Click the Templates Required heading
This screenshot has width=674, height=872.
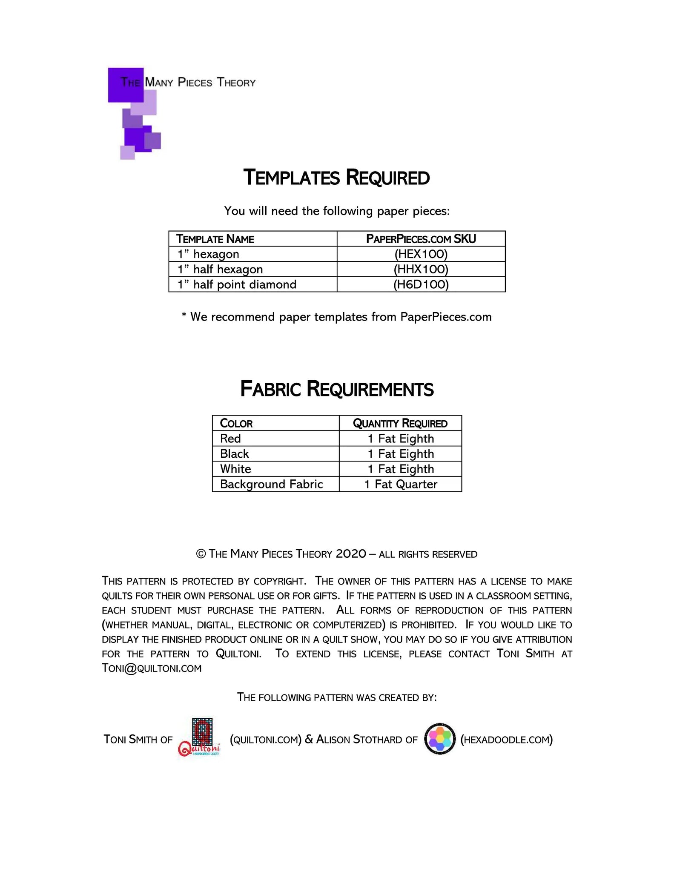pos(336,178)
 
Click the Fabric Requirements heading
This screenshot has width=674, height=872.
pos(337,389)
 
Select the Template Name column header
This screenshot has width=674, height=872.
pos(215,239)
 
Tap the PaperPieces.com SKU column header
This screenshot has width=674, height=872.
pos(421,239)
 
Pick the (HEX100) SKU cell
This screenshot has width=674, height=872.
pos(421,254)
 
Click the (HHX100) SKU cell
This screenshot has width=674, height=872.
pos(421,269)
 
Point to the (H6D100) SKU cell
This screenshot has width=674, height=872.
pos(421,284)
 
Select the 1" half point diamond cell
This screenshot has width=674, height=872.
pos(237,284)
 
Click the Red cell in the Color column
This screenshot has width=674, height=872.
pos(230,439)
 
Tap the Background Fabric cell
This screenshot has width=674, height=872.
pos(271,484)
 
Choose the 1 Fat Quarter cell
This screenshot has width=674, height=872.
pos(401,484)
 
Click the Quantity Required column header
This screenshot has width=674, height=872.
pos(400,423)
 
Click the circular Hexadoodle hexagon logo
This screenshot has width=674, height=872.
pos(440,739)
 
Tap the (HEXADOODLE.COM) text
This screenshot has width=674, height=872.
pos(506,740)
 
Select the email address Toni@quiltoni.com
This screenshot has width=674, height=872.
pos(152,668)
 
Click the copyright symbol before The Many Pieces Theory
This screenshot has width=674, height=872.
pos(201,554)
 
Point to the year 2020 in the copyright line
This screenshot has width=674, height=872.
pos(350,554)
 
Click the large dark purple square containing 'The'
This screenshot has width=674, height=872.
pos(125,85)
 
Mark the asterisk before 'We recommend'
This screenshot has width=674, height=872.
pos(184,316)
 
